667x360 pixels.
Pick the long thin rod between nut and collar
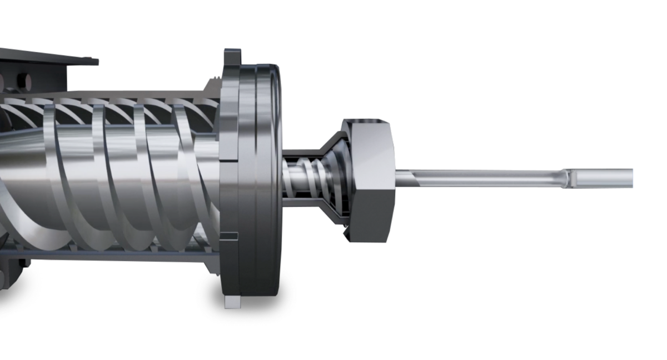(484, 178)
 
